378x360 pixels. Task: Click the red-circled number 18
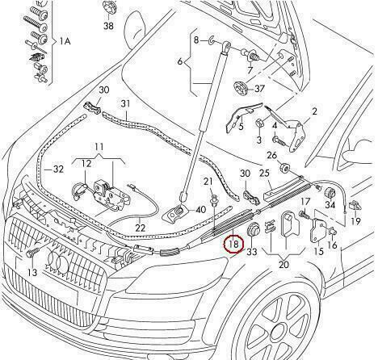(x=233, y=245)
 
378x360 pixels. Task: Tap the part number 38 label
(x=108, y=26)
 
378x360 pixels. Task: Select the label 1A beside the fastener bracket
(x=65, y=41)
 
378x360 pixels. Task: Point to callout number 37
(x=259, y=89)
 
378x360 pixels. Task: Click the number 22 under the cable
(x=141, y=228)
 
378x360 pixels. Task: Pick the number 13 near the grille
(x=32, y=273)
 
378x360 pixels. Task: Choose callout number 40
(x=200, y=210)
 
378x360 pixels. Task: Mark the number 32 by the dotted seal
(x=58, y=170)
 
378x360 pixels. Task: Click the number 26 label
(x=272, y=155)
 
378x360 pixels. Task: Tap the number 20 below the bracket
(x=283, y=265)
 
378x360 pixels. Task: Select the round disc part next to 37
(x=240, y=88)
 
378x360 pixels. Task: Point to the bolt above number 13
(x=31, y=253)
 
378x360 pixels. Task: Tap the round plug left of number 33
(x=253, y=230)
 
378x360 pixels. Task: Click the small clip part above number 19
(x=355, y=206)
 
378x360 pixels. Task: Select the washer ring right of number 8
(x=211, y=41)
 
